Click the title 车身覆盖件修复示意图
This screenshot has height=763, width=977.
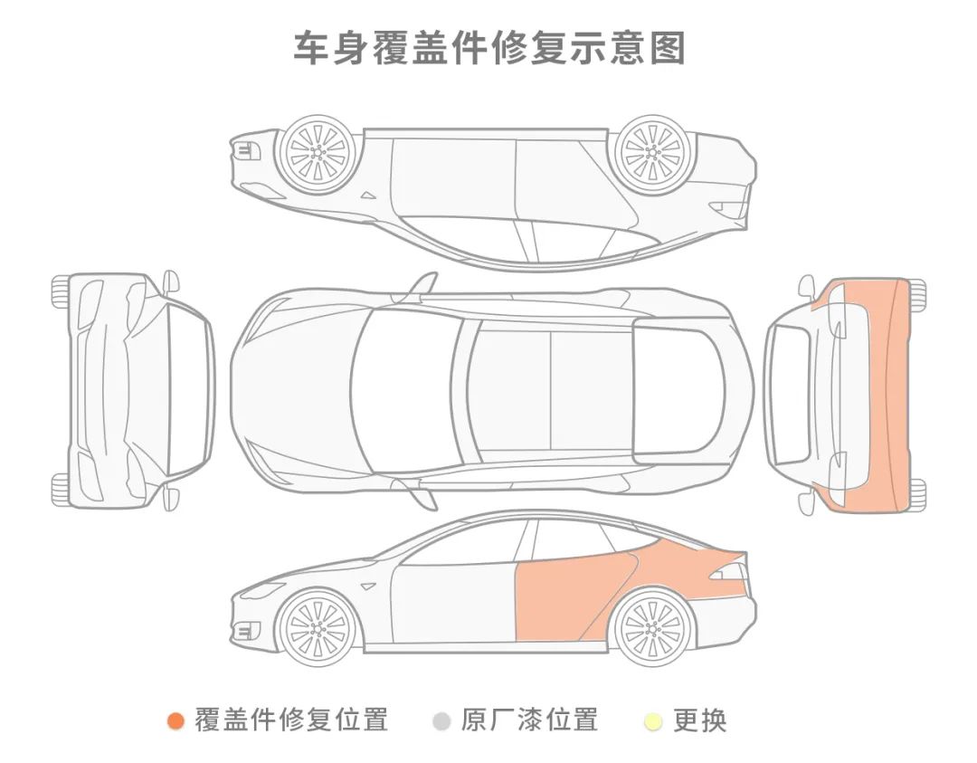[x=488, y=48]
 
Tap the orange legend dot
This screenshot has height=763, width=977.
[x=176, y=721]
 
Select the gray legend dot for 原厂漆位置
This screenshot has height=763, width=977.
[x=441, y=721]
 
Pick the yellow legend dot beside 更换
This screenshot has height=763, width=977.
[x=653, y=721]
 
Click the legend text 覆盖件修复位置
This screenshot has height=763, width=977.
[x=291, y=720]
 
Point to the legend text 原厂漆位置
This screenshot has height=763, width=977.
[x=529, y=720]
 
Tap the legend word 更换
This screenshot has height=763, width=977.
[x=700, y=720]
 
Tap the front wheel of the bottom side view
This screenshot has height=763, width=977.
[x=317, y=625]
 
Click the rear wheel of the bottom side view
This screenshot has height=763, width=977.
[x=652, y=625]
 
